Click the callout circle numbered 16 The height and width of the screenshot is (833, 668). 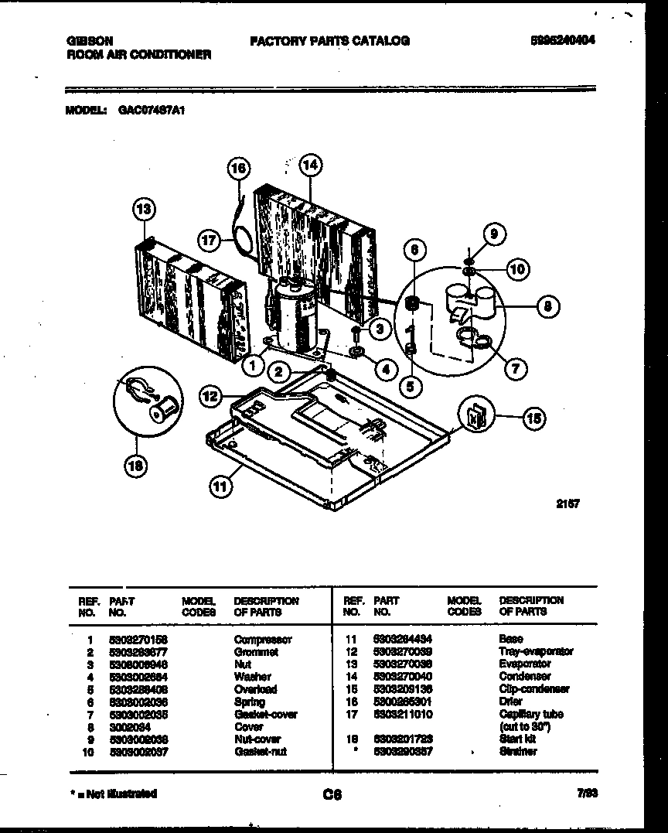point(240,168)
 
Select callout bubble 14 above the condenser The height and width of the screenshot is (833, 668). point(310,165)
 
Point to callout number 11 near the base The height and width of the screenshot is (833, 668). point(220,486)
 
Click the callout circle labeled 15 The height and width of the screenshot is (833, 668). point(533,418)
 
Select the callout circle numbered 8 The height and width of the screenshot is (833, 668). point(547,306)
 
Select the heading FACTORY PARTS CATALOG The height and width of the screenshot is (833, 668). point(329,40)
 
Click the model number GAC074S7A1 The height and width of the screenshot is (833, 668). point(152,111)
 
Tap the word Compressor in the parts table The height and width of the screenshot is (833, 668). point(263,640)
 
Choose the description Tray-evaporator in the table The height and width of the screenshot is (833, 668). point(536,652)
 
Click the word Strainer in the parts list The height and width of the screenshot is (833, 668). point(517,752)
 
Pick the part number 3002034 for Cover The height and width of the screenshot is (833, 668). point(127,727)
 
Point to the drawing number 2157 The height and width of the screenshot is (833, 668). point(568,504)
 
